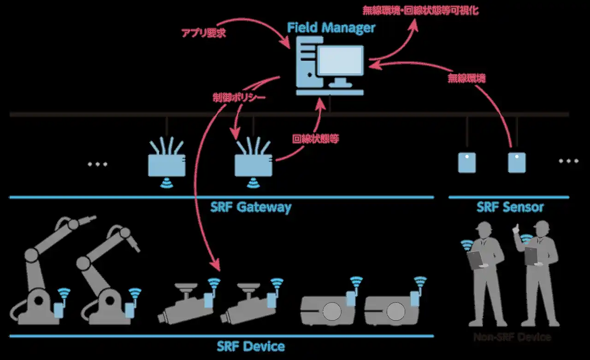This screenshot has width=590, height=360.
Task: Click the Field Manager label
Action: (x=331, y=28)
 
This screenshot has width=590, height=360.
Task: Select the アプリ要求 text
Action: (x=203, y=33)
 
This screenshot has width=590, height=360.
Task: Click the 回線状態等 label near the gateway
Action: (x=316, y=139)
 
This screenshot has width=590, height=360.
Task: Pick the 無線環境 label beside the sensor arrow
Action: (x=466, y=78)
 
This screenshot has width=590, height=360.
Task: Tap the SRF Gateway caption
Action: (x=251, y=207)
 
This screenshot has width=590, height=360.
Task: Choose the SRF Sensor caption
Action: (x=510, y=207)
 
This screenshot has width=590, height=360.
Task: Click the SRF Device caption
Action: (x=251, y=346)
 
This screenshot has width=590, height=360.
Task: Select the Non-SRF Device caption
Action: (x=512, y=337)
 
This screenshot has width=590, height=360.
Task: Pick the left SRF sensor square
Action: (x=466, y=163)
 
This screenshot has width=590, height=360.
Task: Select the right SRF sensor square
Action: (x=517, y=163)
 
